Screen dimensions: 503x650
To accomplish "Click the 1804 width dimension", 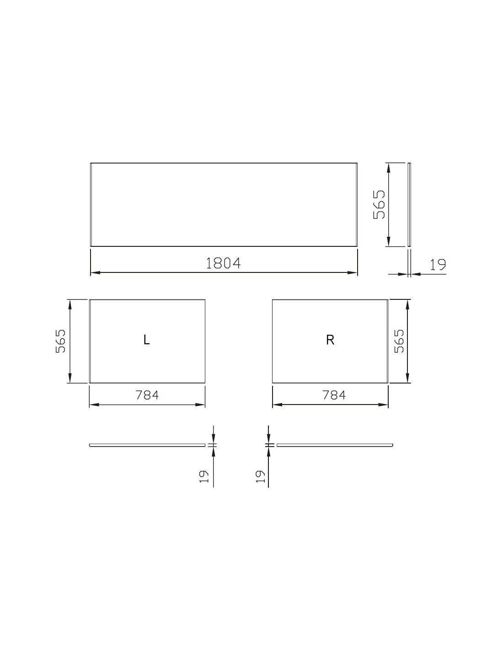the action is click(223, 263).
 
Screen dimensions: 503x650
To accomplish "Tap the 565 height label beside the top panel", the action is click(379, 205).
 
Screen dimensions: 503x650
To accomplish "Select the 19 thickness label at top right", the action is click(438, 264).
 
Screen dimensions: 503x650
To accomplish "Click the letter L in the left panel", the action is click(146, 340).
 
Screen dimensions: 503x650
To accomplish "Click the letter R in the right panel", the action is click(330, 340).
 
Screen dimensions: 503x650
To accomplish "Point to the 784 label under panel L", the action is click(147, 395).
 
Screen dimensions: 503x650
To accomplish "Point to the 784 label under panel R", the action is click(334, 395).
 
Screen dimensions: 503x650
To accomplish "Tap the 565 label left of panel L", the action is click(60, 341).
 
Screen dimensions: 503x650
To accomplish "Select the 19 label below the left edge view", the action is click(203, 476).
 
